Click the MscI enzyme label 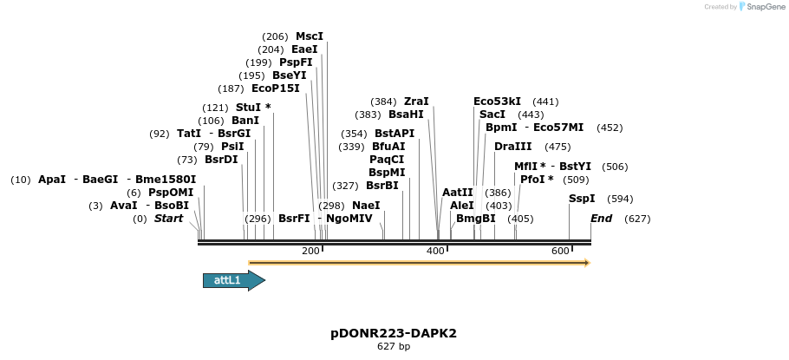point(309,36)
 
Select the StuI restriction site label point(248,108)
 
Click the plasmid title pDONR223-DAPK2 point(394,333)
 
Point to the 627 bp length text point(394,347)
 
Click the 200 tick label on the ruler point(310,251)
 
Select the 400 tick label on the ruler point(435,251)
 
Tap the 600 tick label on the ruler point(560,251)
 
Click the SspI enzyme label point(582,199)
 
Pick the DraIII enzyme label point(512,147)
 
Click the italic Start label point(168,219)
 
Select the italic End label point(602,219)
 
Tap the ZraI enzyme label point(416,101)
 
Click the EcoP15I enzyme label point(275,88)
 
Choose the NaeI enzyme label point(366,206)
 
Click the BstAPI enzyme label point(394,134)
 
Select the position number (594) point(620,199)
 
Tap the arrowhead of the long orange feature point(587,262)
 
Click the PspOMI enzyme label point(171,193)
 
